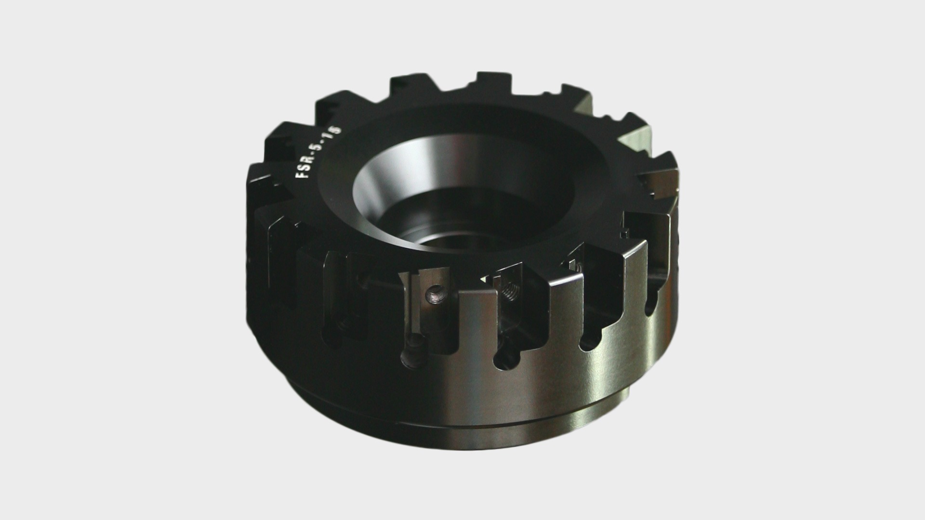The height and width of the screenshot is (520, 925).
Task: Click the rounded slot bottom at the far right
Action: [x=650, y=303]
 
